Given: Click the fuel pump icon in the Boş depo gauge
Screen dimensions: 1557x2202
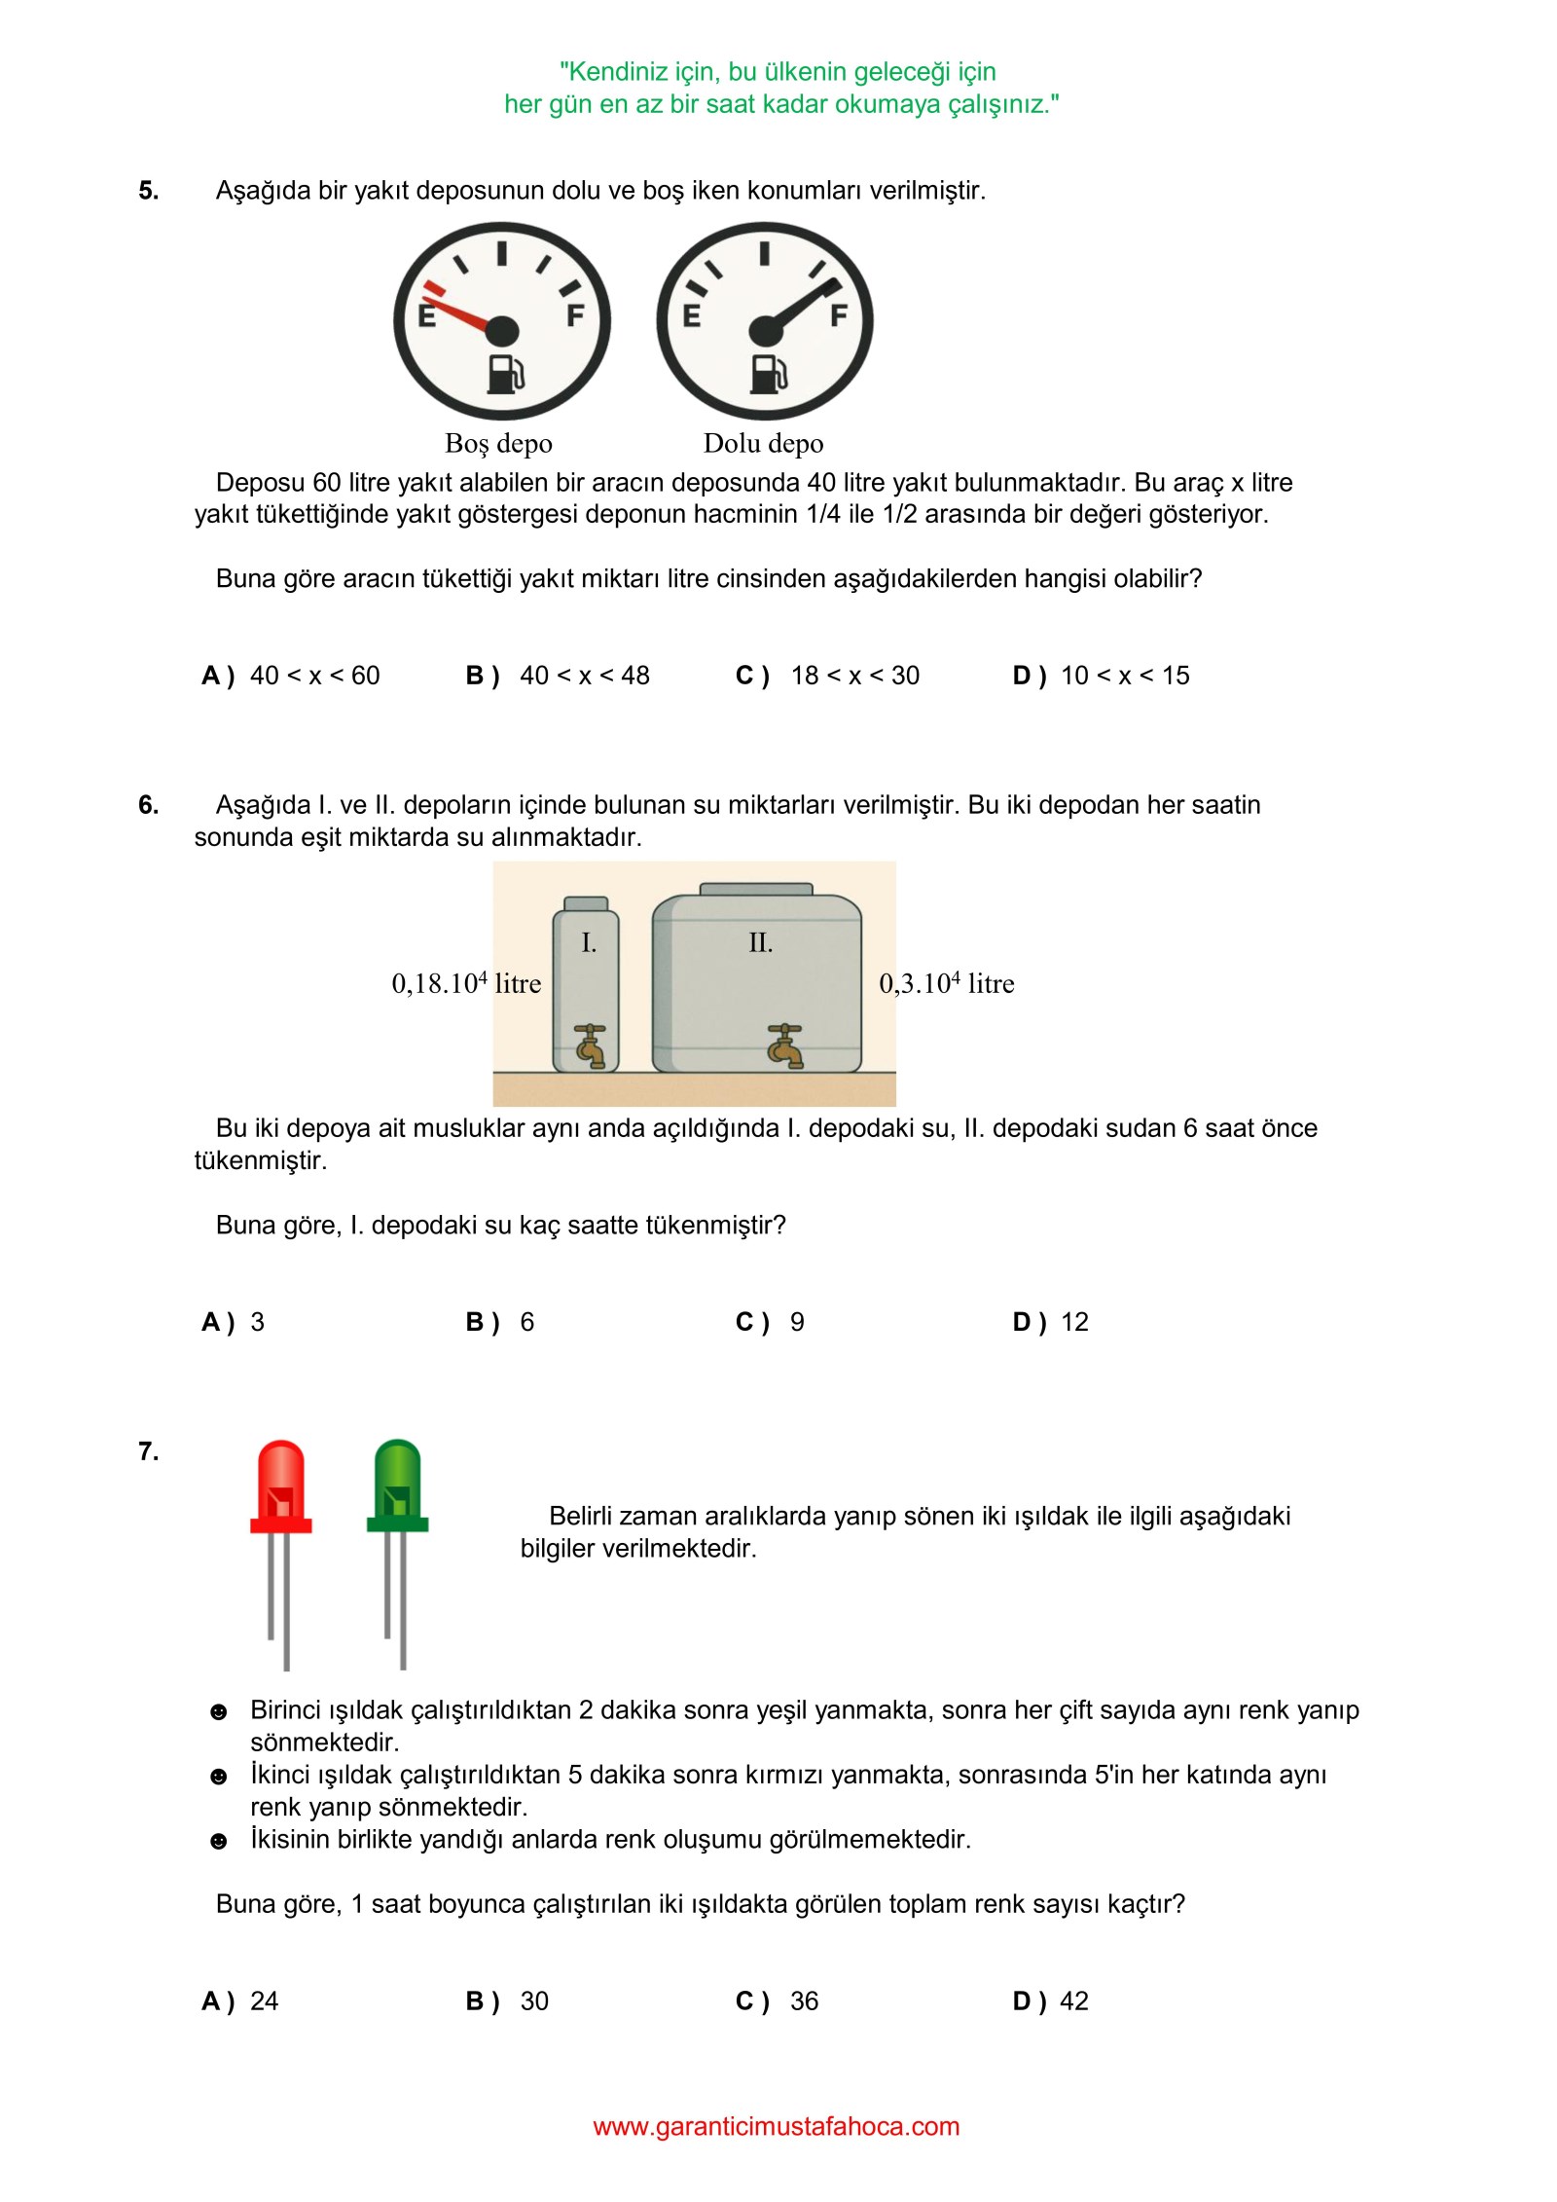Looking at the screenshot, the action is coord(504,373).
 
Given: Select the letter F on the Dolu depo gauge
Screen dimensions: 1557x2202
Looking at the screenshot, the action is coord(838,315).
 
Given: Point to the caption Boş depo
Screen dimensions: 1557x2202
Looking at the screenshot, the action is coord(498,444).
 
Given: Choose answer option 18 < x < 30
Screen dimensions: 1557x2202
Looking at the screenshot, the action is coord(854,676).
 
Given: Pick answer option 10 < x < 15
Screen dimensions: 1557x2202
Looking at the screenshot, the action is coord(1125,676).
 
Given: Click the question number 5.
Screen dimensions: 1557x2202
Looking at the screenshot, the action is coord(149,191).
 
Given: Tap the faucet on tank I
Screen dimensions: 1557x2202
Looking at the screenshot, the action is coord(590,1046).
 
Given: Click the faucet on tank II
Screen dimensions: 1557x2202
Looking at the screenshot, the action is coord(784,1046).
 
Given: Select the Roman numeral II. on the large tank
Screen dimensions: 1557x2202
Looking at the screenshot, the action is coord(761,942).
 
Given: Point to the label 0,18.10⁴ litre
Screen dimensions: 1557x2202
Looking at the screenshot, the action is coord(466,983).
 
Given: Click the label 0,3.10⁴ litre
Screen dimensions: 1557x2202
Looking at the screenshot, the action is coord(947,983).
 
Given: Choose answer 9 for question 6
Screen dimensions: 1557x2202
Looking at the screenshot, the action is coord(797,1322).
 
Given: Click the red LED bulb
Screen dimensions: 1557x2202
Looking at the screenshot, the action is coord(281,1486).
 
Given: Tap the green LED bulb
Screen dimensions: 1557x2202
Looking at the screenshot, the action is coord(397,1486).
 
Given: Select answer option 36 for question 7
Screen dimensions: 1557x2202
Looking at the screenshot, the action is coord(804,2001).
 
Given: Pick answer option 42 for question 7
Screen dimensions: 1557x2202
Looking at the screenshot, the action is coord(1074,2001).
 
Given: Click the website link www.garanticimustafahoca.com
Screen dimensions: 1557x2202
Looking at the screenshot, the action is coord(777,2127).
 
